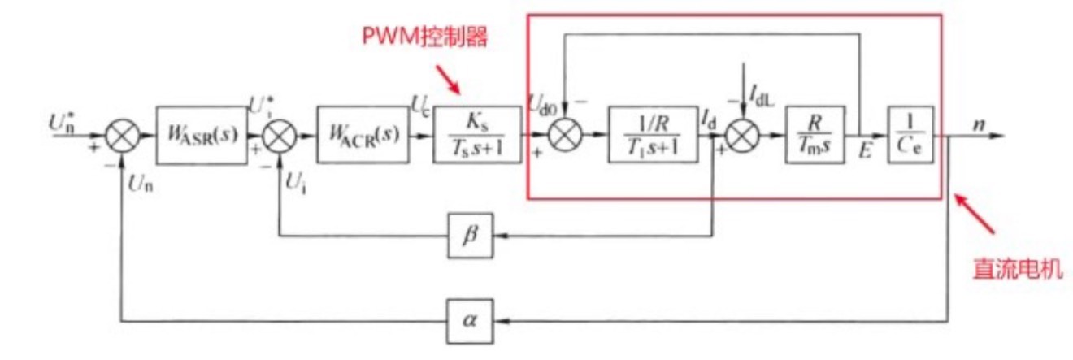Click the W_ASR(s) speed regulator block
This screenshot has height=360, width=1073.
tap(202, 135)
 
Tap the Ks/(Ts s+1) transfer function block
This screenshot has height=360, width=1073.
tap(478, 135)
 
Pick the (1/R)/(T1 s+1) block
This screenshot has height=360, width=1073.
tap(653, 135)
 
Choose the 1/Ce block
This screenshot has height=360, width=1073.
tap(910, 135)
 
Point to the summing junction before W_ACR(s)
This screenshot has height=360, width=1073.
tap(280, 135)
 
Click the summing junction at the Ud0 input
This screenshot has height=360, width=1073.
tap(563, 135)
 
